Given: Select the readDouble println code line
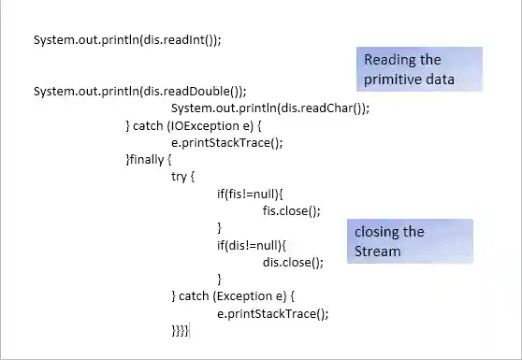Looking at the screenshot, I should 139,92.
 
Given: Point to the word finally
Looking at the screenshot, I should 149,160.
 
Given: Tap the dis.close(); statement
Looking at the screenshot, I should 293,263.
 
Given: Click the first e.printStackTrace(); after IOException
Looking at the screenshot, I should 226,143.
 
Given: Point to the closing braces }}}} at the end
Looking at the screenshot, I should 180,331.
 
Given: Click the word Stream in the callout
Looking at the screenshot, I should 377,252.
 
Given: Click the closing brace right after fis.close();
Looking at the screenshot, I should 220,228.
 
